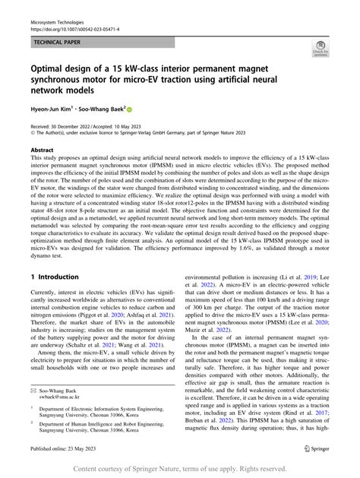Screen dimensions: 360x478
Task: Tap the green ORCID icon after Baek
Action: [x=129, y=108]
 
